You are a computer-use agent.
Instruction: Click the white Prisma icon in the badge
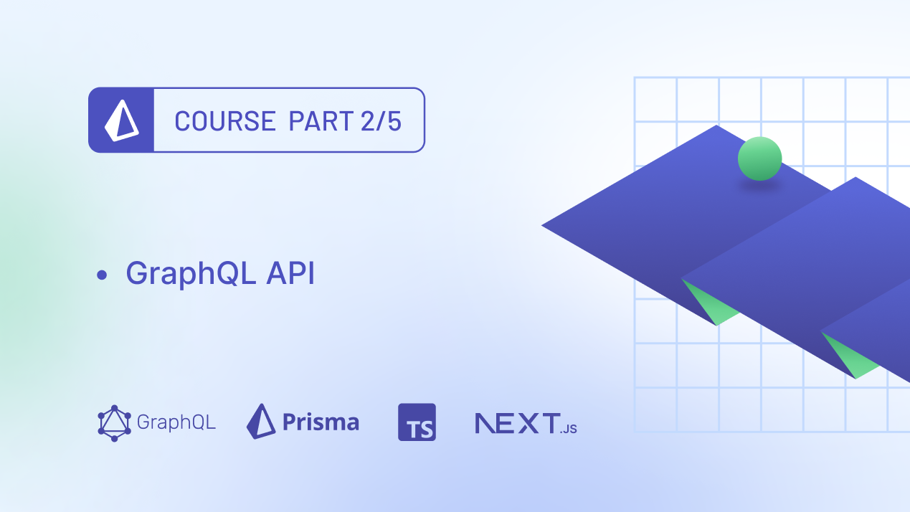point(121,120)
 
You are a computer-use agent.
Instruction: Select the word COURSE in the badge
point(224,121)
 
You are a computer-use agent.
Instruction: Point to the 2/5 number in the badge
point(381,121)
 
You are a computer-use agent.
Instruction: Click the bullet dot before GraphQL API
point(101,275)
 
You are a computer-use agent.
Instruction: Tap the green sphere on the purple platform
point(759,158)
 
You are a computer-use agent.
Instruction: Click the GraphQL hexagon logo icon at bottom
point(114,423)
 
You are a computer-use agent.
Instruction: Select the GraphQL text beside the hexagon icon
point(176,422)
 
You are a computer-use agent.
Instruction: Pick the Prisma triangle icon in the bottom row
point(261,421)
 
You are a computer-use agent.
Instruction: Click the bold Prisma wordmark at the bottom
point(321,422)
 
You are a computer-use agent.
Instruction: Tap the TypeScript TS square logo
point(417,422)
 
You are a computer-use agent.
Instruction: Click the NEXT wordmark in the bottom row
point(516,422)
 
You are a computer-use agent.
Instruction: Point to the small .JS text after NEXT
point(569,429)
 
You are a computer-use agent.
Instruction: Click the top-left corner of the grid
point(635,78)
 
